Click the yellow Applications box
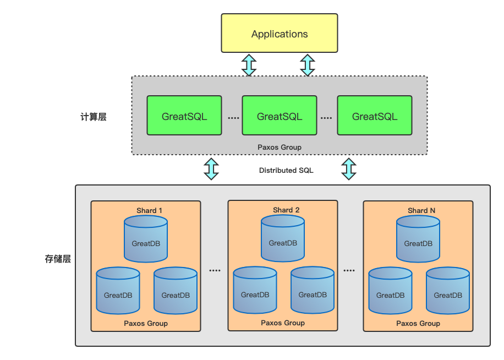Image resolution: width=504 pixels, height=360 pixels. point(279,34)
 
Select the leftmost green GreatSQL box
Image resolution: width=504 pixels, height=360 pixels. point(184,116)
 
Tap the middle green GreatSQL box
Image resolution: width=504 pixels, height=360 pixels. point(280,116)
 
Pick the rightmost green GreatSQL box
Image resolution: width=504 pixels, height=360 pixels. point(375,116)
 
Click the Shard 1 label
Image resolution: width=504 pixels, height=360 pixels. point(150,210)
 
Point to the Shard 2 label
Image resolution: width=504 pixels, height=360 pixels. point(286,210)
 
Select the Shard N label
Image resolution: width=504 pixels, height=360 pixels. point(422,210)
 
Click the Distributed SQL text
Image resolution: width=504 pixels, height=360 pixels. point(286,171)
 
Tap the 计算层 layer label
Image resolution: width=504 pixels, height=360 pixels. point(93,117)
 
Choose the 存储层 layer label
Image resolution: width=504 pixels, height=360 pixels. point(58,259)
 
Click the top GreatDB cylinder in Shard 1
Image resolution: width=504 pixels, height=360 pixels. point(146,239)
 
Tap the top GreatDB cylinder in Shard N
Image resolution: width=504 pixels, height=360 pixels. point(418,239)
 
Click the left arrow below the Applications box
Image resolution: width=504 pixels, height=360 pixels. point(249,65)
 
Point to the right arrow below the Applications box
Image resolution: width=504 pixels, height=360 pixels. point(308,65)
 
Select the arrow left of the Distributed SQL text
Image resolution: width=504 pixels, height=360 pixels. point(211,169)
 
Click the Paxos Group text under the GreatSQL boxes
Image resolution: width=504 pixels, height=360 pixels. point(280,148)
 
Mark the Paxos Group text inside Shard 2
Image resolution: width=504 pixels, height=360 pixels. point(283,323)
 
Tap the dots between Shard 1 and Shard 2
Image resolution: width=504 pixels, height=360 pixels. point(215,270)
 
